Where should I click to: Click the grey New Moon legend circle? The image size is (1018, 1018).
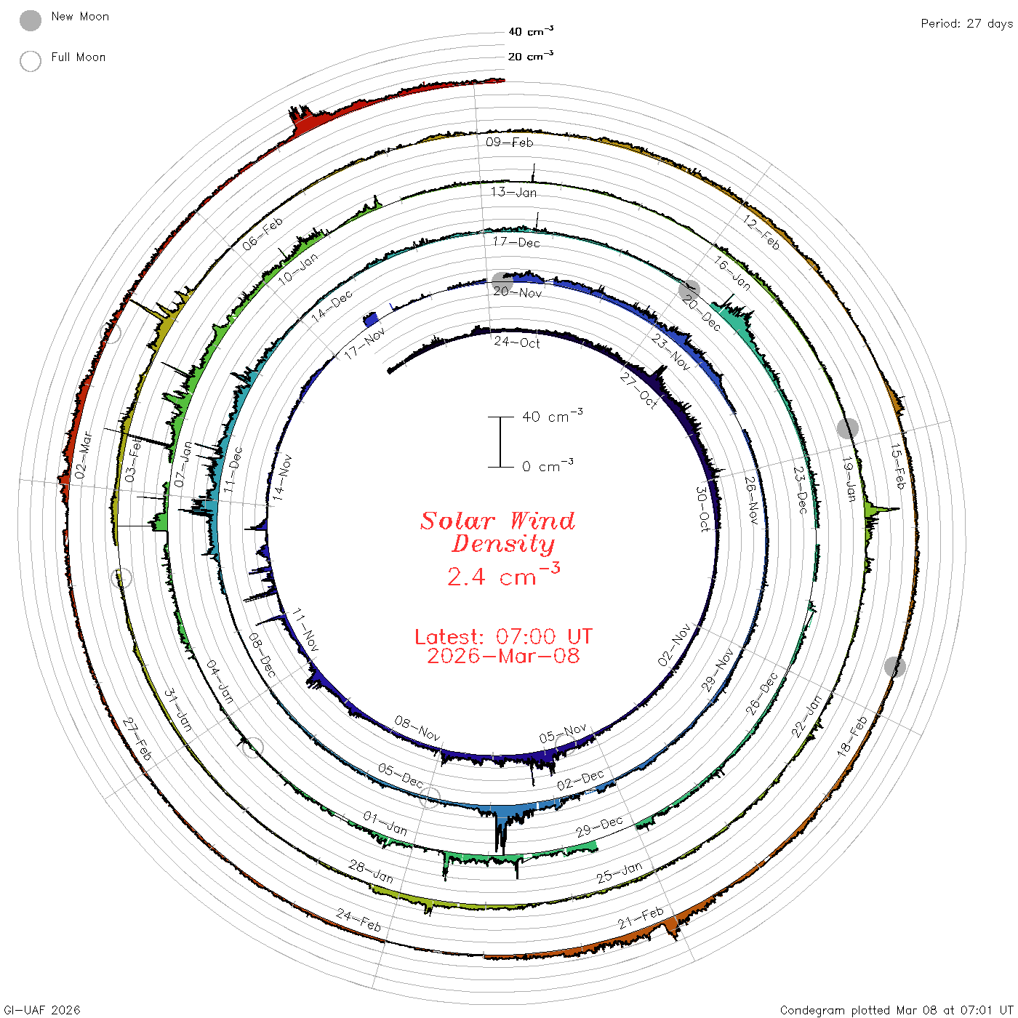tap(30, 20)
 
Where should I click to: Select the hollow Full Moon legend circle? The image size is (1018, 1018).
tap(30, 61)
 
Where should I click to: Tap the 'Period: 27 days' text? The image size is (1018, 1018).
tap(967, 24)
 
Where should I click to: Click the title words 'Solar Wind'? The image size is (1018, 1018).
tap(497, 521)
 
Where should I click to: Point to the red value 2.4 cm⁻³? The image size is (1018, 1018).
tap(503, 575)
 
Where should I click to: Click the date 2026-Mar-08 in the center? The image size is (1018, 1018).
tap(503, 656)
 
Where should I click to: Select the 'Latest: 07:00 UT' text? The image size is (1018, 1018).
tap(503, 636)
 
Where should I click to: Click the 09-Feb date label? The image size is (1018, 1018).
tap(509, 142)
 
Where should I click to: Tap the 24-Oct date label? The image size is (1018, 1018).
tap(517, 342)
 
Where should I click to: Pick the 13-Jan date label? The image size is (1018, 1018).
tap(513, 192)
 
